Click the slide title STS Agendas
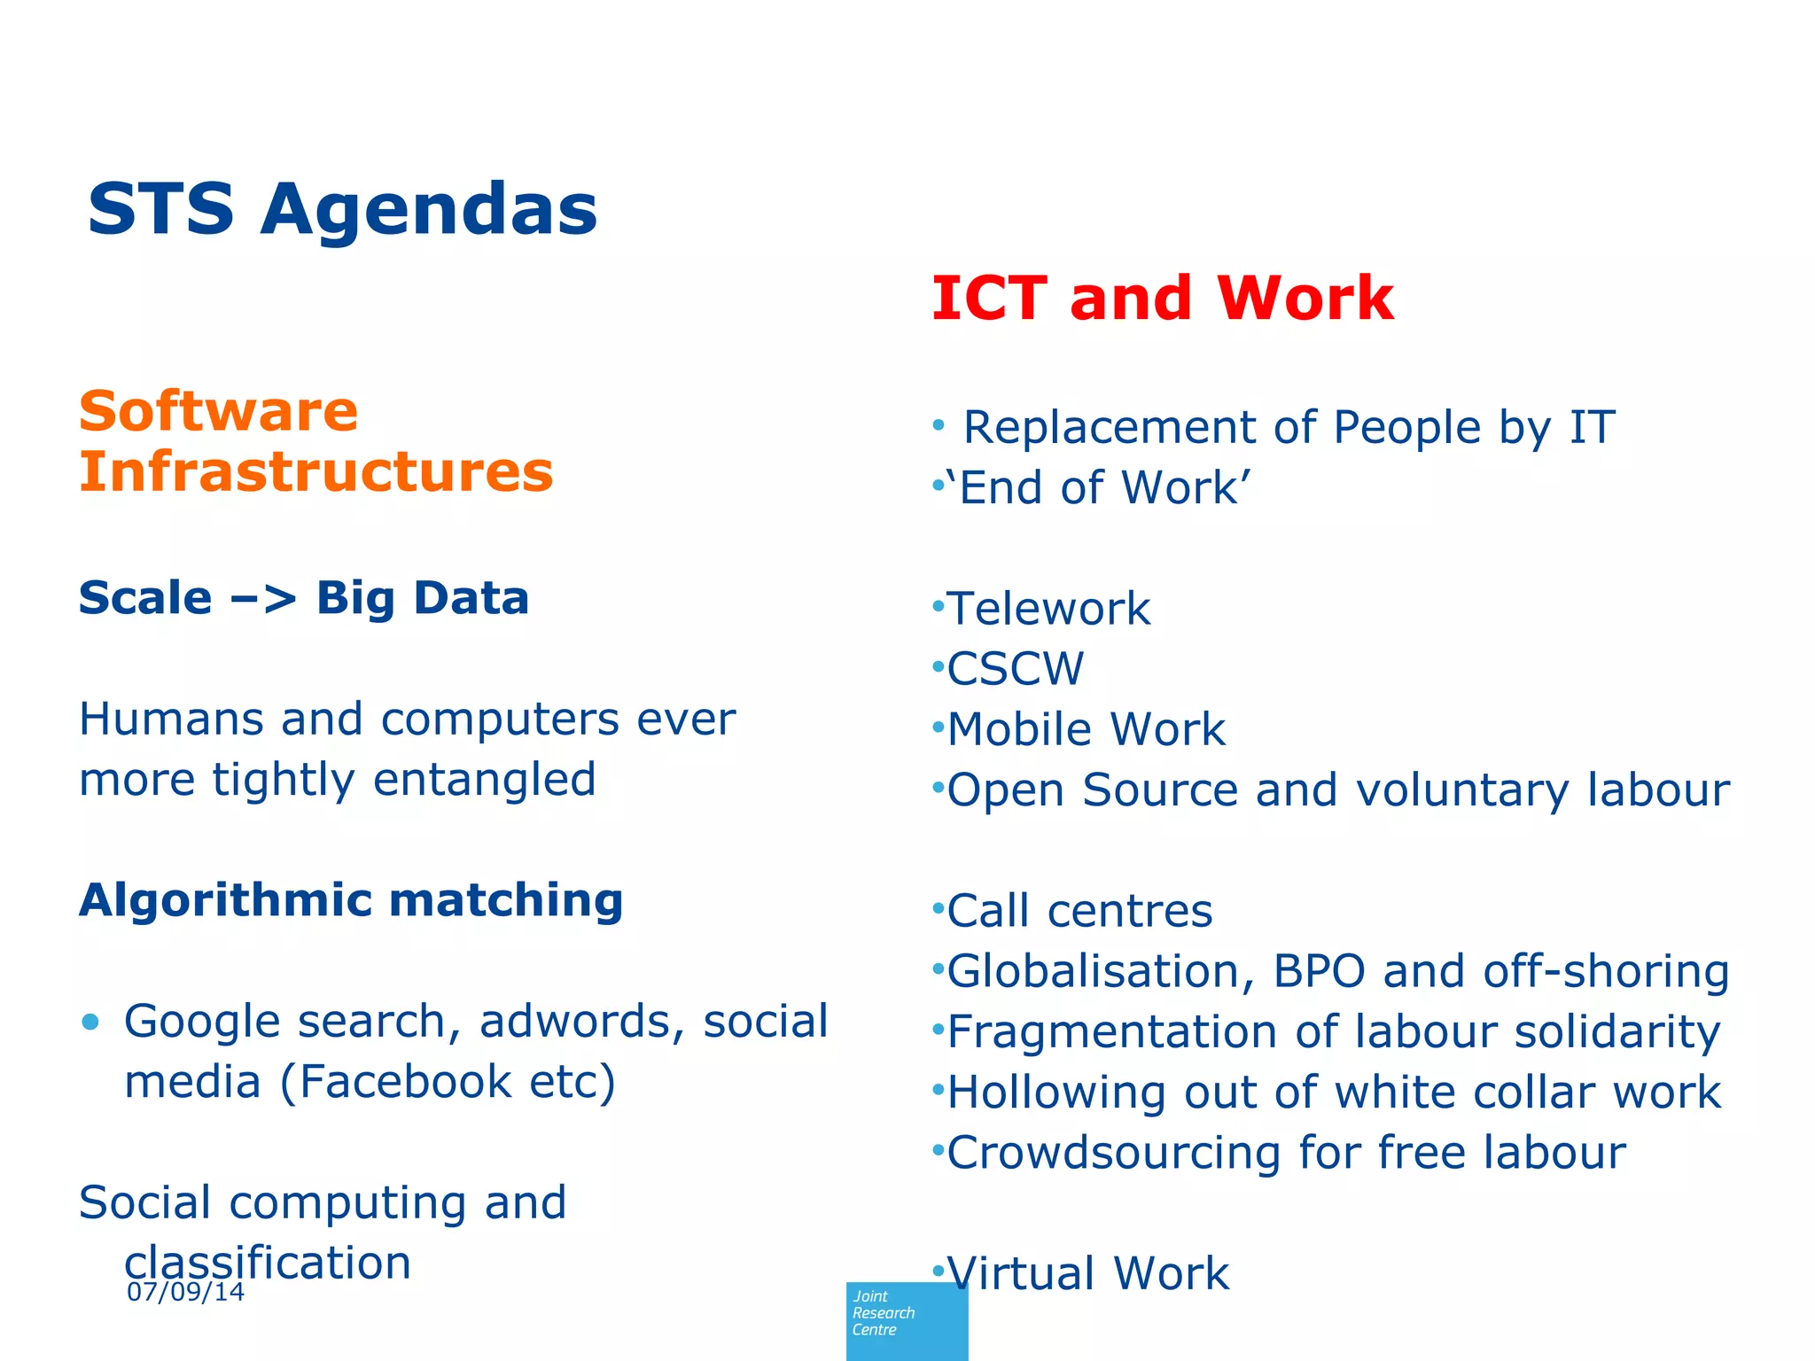click(x=342, y=210)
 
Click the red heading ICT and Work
click(x=1163, y=299)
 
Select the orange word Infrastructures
click(x=316, y=471)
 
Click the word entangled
click(x=484, y=781)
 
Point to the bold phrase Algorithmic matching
click(x=351, y=900)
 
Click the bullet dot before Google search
click(x=90, y=1023)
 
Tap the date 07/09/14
click(x=185, y=1292)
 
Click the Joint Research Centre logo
click(x=906, y=1320)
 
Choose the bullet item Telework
click(x=1048, y=610)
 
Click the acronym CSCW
click(x=1015, y=670)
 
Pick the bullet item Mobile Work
click(x=1086, y=730)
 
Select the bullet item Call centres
click(x=1079, y=912)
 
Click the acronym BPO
click(x=1319, y=972)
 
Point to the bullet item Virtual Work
click(x=1087, y=1274)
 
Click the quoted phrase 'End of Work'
click(x=1098, y=488)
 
